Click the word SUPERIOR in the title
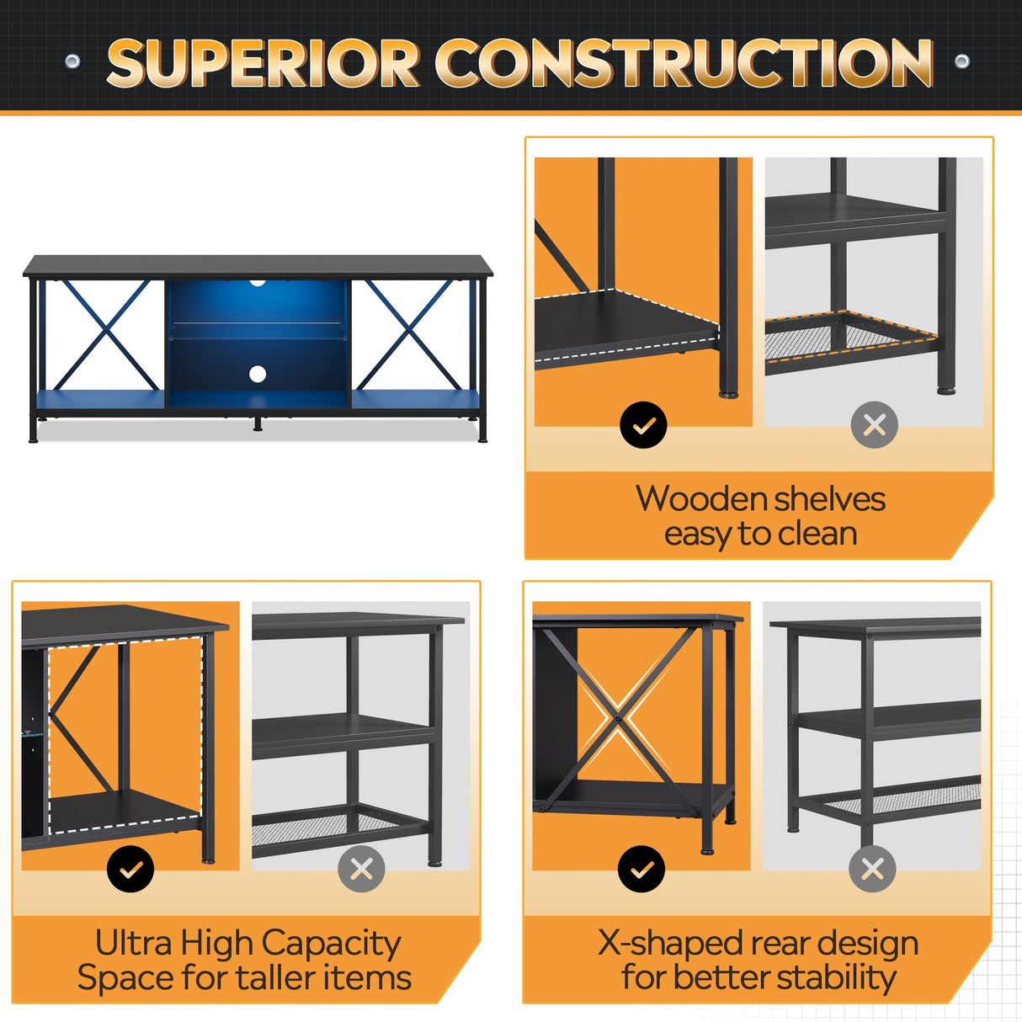point(263,63)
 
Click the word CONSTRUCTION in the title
point(684,63)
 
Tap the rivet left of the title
point(72,61)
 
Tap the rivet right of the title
point(961,61)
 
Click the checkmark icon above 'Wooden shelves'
point(643,425)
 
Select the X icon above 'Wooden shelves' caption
point(874,425)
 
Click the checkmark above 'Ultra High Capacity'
point(130,869)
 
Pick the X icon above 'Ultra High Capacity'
point(361,869)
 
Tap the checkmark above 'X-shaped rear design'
point(641,869)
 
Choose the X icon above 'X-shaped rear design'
point(872,869)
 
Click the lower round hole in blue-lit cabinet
point(258,374)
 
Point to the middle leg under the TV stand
point(258,423)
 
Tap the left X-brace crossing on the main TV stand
point(103,334)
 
